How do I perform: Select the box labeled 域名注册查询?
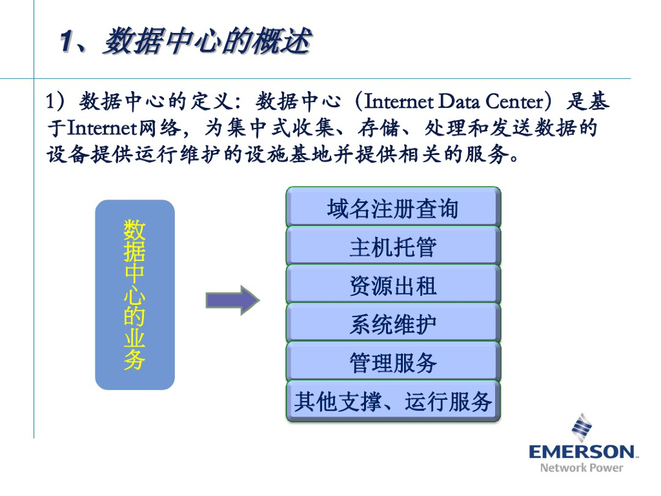[393, 209]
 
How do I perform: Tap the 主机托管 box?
[393, 247]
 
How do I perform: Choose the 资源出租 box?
[393, 285]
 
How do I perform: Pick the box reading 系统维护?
[393, 324]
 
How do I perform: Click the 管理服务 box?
[393, 363]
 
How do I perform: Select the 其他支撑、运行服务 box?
[393, 402]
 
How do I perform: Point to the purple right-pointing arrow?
[232, 300]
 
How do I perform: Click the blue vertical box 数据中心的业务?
[135, 294]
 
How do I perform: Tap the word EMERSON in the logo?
[582, 451]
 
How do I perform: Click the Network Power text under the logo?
[582, 468]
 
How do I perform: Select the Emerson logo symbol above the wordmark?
[582, 427]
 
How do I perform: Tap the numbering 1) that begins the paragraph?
[56, 102]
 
